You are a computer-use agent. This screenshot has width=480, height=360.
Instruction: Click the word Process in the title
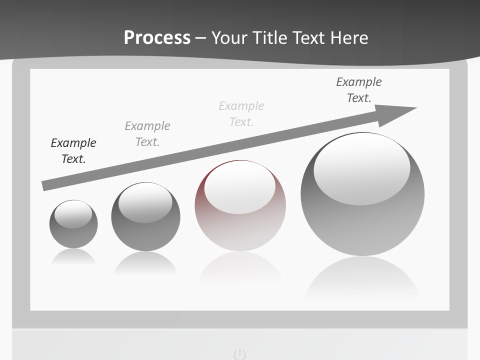[157, 37]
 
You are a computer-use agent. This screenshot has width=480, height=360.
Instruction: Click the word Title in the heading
[270, 37]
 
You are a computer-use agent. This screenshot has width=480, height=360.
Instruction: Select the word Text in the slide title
[309, 37]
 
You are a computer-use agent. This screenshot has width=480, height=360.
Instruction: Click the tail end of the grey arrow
[45, 185]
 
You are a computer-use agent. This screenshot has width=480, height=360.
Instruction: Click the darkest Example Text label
[73, 151]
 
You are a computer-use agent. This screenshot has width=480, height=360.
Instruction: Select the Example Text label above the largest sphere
[359, 90]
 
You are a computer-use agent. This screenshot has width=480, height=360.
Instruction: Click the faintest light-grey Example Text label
[241, 114]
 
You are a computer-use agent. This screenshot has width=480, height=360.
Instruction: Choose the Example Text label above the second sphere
[147, 134]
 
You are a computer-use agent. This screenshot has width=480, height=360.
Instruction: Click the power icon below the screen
[240, 354]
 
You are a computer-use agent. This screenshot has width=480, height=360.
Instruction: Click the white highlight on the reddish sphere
[239, 186]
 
